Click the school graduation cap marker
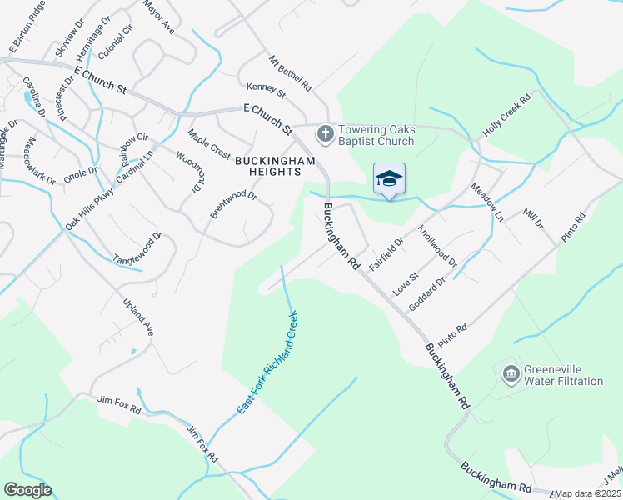tap(389, 179)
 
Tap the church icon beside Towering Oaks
tap(326, 132)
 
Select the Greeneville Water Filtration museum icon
tap(510, 375)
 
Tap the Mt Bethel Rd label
tap(289, 74)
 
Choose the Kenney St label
tap(266, 90)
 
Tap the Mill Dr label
tap(532, 219)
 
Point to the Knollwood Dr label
tap(438, 246)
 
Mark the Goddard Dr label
tap(427, 295)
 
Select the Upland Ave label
tap(139, 317)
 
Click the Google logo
tap(27, 490)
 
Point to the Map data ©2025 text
tap(587, 493)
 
